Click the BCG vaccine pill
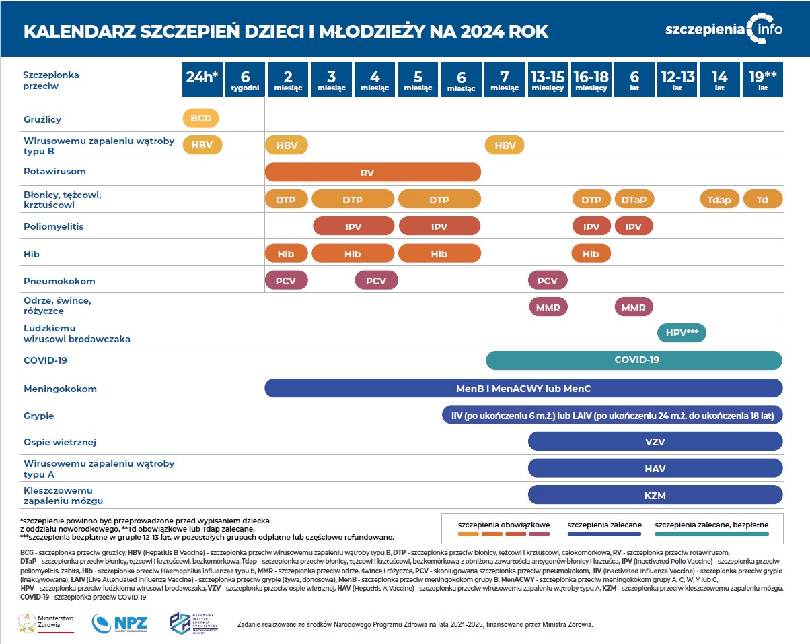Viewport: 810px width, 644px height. pos(200,119)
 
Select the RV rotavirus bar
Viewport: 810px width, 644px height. pos(373,172)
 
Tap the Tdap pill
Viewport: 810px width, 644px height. pos(720,199)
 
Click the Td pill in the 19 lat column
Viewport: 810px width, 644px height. pos(762,199)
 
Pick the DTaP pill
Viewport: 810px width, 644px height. pos(634,199)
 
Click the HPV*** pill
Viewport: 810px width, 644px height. pos(681,333)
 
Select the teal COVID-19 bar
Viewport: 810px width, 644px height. pos(634,360)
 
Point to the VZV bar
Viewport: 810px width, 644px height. pos(655,441)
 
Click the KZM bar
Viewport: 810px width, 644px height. pos(655,495)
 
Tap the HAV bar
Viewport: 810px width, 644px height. pos(655,468)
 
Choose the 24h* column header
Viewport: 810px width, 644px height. pos(202,79)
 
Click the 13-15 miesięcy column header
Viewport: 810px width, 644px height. pos(548,79)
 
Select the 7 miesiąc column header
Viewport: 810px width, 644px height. pos(505,79)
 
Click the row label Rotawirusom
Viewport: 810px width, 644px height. pos(54,172)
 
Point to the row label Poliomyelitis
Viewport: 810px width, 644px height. pos(54,226)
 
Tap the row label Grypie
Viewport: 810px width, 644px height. pos(38,416)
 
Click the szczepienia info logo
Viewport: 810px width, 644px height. pos(723,29)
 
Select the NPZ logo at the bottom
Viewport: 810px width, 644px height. pos(119,622)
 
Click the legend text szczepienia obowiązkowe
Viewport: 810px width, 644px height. pos(504,524)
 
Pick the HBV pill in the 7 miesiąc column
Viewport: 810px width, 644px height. pos(505,145)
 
